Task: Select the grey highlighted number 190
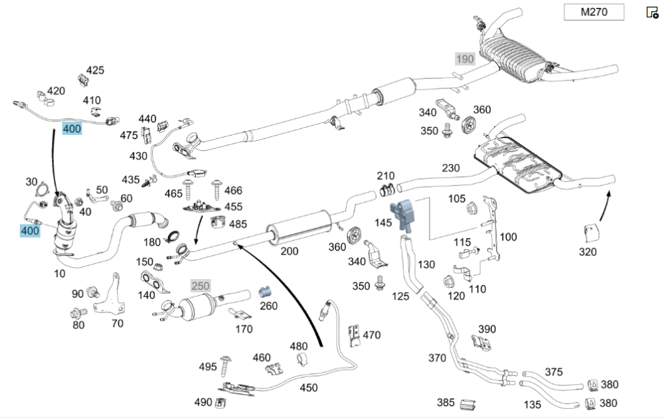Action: click(465, 59)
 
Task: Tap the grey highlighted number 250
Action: click(200, 286)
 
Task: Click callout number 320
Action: click(588, 252)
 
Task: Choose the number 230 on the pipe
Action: click(451, 168)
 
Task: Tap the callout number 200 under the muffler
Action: click(290, 251)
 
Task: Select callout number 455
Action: click(233, 207)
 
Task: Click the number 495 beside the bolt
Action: click(208, 367)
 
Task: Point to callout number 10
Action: click(60, 274)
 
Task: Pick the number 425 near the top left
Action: click(95, 70)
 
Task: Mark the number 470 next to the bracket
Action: click(372, 335)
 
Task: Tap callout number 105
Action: click(457, 198)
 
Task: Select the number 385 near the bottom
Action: click(446, 402)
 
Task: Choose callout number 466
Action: click(233, 190)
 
